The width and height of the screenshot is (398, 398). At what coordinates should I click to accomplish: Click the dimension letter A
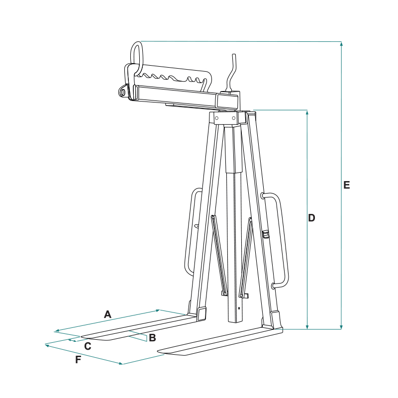pos(107,314)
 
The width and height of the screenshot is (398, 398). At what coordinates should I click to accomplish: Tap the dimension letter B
pos(152,338)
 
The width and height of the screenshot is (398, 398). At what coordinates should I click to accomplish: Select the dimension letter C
pos(88,346)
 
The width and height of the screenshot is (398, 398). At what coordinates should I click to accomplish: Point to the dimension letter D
pos(311,218)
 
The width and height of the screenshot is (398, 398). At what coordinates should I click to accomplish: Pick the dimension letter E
pos(346,185)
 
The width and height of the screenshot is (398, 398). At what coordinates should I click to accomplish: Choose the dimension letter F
pos(78,359)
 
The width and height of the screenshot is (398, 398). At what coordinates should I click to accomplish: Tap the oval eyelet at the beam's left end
pos(123,92)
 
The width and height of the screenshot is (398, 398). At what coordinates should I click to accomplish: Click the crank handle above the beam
pos(231,74)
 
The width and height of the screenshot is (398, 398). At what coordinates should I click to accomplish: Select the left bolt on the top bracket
pos(216,118)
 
